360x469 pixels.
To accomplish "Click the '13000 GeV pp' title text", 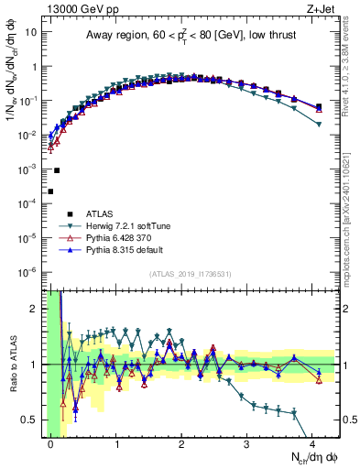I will (x=77, y=8).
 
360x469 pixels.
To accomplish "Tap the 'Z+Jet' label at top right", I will (x=317, y=8).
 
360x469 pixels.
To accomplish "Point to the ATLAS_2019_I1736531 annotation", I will (x=190, y=274).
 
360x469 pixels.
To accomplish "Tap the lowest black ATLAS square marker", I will (x=50, y=191).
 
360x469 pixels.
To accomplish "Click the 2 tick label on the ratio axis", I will (x=37, y=309).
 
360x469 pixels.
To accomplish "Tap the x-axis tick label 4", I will (x=313, y=443).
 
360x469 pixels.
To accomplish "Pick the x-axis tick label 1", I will (x=116, y=443).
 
